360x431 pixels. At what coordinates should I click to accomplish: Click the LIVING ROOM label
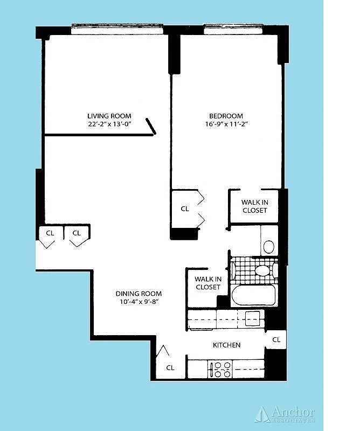(x=109, y=116)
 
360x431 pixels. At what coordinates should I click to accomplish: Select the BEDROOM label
(x=226, y=116)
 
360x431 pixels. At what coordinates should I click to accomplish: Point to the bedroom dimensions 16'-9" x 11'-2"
(x=226, y=124)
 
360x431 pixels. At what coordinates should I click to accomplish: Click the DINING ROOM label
(x=139, y=294)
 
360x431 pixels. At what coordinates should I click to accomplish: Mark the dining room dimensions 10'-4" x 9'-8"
(x=139, y=302)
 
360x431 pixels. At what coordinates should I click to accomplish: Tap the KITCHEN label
(x=226, y=345)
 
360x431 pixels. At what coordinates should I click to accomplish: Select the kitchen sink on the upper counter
(x=252, y=317)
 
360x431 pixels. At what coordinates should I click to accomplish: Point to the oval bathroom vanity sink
(x=268, y=247)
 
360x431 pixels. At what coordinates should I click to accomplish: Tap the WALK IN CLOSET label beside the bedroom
(x=254, y=206)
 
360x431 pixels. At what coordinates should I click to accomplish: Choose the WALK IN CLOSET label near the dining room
(x=207, y=283)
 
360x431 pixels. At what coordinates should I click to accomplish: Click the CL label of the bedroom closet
(x=185, y=209)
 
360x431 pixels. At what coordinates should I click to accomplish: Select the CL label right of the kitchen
(x=276, y=339)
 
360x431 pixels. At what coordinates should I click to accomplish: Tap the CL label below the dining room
(x=170, y=368)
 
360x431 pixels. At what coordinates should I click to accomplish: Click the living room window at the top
(x=117, y=30)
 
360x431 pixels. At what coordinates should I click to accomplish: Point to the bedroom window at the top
(x=233, y=30)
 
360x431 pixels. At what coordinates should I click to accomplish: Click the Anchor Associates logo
(x=286, y=414)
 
